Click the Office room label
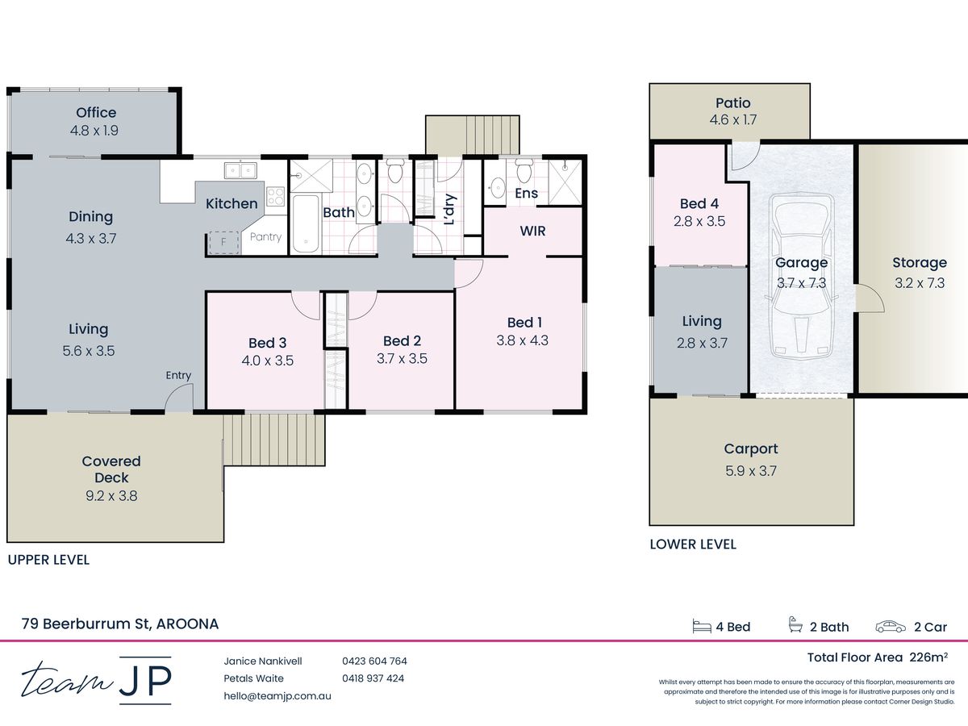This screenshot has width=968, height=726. [96, 113]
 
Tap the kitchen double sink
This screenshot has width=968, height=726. [240, 170]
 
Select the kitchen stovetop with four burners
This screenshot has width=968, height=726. [275, 197]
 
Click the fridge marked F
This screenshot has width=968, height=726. [223, 242]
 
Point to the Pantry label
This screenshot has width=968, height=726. [265, 236]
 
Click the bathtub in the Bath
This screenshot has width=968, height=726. [306, 224]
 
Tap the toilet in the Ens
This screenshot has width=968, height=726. [524, 170]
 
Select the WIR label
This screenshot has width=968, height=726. [532, 231]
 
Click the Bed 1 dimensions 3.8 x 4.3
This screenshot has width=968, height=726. [523, 340]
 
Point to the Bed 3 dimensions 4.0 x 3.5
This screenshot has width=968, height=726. [267, 361]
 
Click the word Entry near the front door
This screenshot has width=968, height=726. [178, 375]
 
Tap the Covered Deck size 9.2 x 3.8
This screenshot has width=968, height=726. [111, 496]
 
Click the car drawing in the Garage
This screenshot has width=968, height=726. [801, 277]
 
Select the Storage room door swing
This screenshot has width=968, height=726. [870, 298]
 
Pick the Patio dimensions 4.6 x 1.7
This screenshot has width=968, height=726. [733, 120]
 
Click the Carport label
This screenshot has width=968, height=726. [751, 449]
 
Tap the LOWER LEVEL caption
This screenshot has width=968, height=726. [693, 544]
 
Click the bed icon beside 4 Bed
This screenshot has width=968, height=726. [702, 627]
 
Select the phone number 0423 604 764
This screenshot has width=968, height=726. [374, 661]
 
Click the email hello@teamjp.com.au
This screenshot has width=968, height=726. [277, 696]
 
